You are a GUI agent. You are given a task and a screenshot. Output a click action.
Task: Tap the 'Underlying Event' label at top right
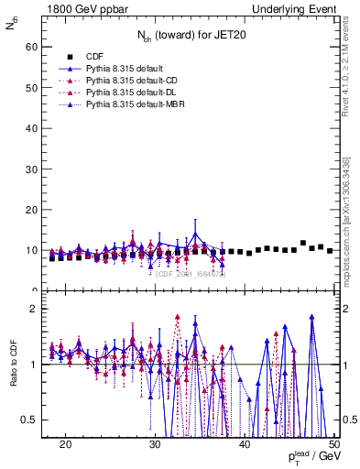pyautogui.click(x=293, y=8)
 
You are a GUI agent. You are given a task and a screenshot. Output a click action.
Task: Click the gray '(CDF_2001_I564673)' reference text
pyautogui.click(x=192, y=273)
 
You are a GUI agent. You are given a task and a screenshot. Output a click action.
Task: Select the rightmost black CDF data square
pyautogui.click(x=330, y=250)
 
